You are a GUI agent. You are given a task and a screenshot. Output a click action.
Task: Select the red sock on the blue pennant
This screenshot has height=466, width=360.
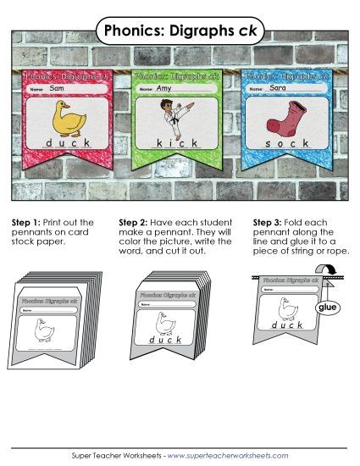285,117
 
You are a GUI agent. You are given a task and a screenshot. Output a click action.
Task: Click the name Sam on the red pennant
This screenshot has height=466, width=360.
57,88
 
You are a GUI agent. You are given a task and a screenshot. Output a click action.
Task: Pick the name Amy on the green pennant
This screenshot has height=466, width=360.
165,88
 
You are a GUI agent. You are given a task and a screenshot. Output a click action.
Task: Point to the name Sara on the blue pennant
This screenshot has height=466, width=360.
274,88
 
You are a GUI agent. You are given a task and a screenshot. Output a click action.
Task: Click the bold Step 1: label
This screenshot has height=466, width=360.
27,222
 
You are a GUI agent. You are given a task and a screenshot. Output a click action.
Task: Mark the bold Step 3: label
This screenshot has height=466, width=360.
269,222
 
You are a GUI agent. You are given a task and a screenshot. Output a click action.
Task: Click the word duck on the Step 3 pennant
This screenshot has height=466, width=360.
285,325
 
